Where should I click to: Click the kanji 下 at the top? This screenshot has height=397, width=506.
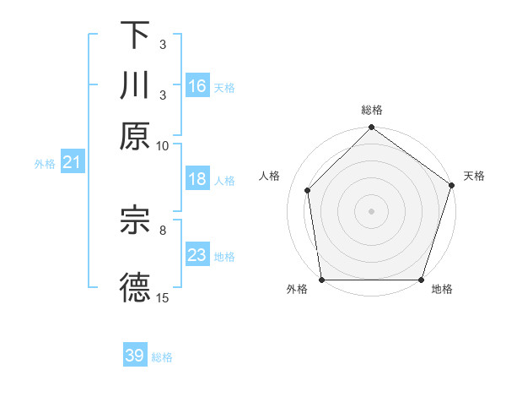pyautogui.click(x=135, y=35)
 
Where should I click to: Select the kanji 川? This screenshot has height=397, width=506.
pyautogui.click(x=135, y=85)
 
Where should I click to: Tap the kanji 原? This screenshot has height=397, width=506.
pyautogui.click(x=135, y=135)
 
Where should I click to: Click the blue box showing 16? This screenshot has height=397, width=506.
pyautogui.click(x=197, y=85)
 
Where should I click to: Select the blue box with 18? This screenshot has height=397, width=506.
pyautogui.click(x=197, y=179)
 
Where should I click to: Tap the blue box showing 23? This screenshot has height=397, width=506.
pyautogui.click(x=197, y=255)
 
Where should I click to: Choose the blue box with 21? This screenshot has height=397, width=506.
pyautogui.click(x=71, y=163)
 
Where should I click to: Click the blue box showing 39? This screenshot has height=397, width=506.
pyautogui.click(x=135, y=356)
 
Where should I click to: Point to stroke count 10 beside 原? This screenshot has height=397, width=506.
pyautogui.click(x=163, y=145)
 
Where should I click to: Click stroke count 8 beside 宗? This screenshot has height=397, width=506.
pyautogui.click(x=163, y=229)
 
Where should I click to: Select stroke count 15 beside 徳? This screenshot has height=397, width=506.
pyautogui.click(x=163, y=298)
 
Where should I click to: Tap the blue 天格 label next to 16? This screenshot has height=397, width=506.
pyautogui.click(x=224, y=87)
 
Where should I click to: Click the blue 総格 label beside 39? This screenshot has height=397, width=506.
pyautogui.click(x=162, y=357)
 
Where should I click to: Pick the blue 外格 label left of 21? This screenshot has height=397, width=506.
pyautogui.click(x=44, y=164)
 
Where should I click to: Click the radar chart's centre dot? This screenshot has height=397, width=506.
pyautogui.click(x=371, y=210)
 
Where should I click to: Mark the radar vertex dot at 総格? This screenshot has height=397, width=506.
pyautogui.click(x=371, y=128)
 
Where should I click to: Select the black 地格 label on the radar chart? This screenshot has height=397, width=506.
pyautogui.click(x=442, y=290)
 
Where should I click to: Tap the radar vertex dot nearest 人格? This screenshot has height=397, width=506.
pyautogui.click(x=308, y=190)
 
